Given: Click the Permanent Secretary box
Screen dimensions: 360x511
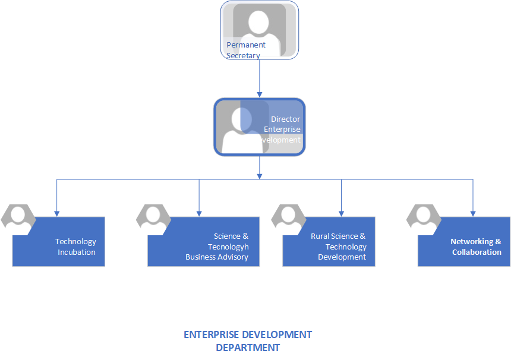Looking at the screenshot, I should pos(260,30).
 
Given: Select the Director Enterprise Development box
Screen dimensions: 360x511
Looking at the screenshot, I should pos(260,127).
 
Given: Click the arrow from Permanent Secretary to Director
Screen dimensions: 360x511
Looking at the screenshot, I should pos(260,77).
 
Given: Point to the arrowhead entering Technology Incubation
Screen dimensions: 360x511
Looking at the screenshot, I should pos(57,213).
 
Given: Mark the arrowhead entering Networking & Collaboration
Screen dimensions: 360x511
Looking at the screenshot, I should pos(473,213).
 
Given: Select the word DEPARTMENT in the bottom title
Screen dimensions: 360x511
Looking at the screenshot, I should pos(248,348).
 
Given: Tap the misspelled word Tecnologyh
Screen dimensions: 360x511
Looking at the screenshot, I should pos(228,247).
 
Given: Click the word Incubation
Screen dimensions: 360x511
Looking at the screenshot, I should pos(77,252).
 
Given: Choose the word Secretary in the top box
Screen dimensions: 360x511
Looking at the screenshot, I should pos(243,55).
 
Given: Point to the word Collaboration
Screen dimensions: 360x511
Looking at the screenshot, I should pos(477,252).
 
